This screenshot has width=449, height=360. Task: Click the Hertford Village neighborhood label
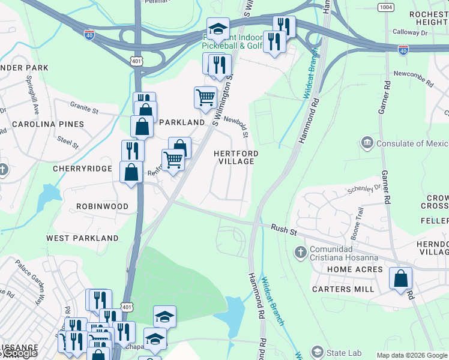point(237,158)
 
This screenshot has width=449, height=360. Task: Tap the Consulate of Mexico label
point(412,143)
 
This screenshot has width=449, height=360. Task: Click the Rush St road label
point(284,229)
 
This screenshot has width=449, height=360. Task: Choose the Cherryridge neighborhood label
point(82,169)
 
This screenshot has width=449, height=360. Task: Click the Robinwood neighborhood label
point(102,206)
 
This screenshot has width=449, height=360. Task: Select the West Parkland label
point(82,238)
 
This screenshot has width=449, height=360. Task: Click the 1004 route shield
point(385,7)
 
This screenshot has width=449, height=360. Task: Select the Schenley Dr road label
point(364,188)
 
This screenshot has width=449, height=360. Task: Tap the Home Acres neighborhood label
point(355,270)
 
